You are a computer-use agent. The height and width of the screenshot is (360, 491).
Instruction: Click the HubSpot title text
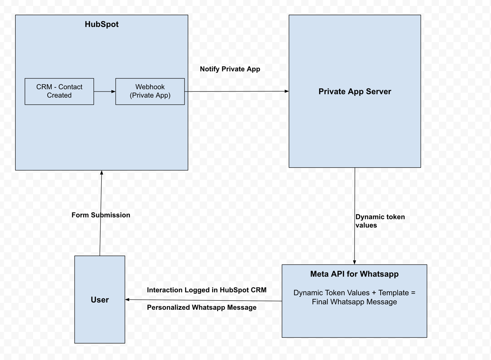coord(102,24)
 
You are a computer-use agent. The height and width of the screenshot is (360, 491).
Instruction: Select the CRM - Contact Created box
coord(59,91)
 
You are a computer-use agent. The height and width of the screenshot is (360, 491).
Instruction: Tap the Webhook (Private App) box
coord(150,91)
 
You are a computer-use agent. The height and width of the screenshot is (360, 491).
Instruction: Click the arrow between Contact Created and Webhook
coord(105,91)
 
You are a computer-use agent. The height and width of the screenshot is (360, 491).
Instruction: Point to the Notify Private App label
coord(230,69)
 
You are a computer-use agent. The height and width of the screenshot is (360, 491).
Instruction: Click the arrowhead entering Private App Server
coord(287,91)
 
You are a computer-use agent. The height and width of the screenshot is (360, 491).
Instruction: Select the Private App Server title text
coord(354,91)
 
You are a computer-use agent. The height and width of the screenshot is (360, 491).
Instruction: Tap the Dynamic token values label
coord(380,221)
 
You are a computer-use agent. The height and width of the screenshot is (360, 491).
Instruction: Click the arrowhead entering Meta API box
coord(354,262)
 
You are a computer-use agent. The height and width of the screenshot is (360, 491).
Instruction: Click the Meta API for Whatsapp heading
coord(354,274)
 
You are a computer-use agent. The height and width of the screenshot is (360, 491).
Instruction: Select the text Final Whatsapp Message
coord(354,302)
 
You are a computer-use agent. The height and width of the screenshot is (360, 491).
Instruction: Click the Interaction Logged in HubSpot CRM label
coord(207,290)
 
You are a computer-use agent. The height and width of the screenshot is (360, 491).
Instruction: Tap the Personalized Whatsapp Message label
coord(201,308)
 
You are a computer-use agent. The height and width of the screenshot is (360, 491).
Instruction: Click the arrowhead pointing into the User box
coord(127,300)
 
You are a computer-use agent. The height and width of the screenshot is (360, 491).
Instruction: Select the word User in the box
coord(99,300)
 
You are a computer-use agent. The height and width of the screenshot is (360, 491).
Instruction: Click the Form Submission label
coord(101,215)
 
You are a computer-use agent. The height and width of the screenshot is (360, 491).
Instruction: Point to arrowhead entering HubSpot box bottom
coord(102,173)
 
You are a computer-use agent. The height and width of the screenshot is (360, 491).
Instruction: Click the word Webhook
coord(150,87)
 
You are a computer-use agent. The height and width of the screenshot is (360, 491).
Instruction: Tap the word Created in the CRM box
coord(59,95)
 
